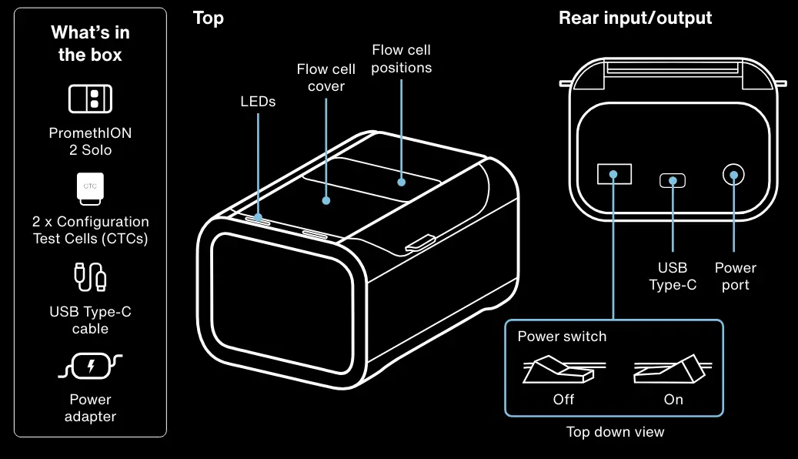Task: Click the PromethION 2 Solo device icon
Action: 90,99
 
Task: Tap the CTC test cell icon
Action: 90,189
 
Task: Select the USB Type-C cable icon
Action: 90,276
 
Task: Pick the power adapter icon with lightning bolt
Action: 90,367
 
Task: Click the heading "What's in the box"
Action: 90,43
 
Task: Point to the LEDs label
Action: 258,102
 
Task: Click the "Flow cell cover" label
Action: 326,78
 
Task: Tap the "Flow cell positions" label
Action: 402,59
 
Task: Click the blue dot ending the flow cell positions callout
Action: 402,182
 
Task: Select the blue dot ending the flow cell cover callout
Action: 326,201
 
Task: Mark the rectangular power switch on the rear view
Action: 614,174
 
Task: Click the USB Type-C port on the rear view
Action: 673,180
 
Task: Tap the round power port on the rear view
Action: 733,175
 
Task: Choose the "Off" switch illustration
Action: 564,370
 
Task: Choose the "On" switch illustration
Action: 673,368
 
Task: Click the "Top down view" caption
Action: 616,432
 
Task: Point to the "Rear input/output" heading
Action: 635,18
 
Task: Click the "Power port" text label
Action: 736,276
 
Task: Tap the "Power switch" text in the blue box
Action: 562,337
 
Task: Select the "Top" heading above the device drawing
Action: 208,18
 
